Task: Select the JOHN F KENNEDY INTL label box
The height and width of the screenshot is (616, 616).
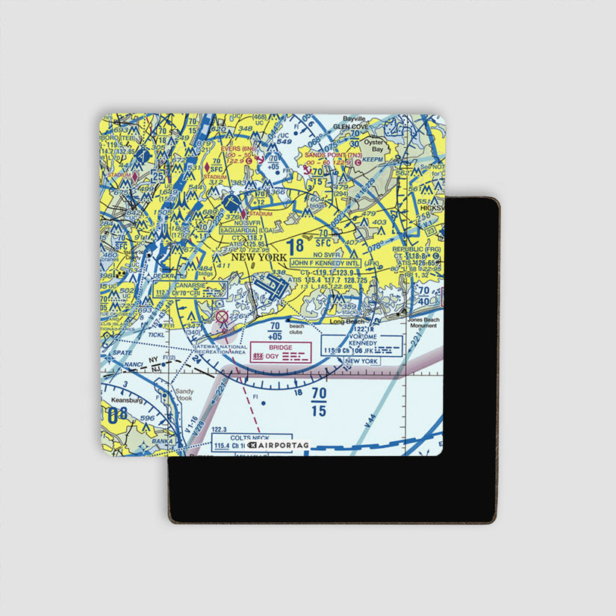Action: [325, 264]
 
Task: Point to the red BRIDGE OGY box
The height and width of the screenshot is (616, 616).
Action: [281, 352]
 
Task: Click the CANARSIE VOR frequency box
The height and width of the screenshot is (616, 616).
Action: [179, 289]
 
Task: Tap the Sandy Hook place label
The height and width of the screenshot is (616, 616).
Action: [184, 393]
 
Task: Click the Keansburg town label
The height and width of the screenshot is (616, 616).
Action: [122, 400]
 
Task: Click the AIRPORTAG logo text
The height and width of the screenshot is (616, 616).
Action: [278, 445]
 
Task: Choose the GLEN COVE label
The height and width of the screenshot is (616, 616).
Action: [350, 127]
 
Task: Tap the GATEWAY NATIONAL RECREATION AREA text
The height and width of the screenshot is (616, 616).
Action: [220, 350]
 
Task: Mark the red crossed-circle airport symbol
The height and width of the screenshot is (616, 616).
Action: [221, 318]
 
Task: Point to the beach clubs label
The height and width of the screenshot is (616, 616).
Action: [296, 329]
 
